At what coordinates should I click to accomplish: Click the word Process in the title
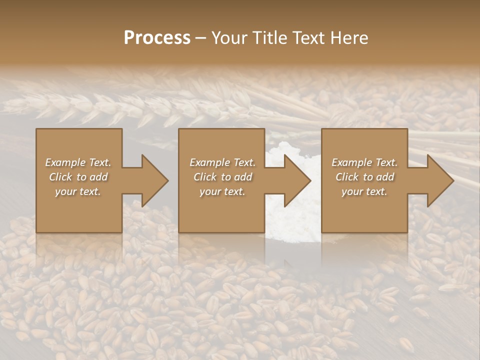click(x=157, y=37)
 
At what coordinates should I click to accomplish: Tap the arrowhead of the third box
click(x=439, y=180)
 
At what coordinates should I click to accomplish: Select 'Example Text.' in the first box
click(x=78, y=162)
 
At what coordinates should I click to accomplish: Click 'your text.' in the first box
click(x=78, y=191)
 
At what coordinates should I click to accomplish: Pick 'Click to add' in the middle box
click(x=222, y=177)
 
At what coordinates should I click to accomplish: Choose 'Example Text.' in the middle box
click(x=222, y=162)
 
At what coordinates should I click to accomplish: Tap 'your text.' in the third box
click(x=364, y=191)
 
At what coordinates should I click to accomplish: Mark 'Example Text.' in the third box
click(x=364, y=162)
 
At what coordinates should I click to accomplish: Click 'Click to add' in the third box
click(x=365, y=177)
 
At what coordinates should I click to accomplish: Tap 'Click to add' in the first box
click(x=78, y=177)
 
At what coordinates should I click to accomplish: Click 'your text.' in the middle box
click(x=222, y=191)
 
